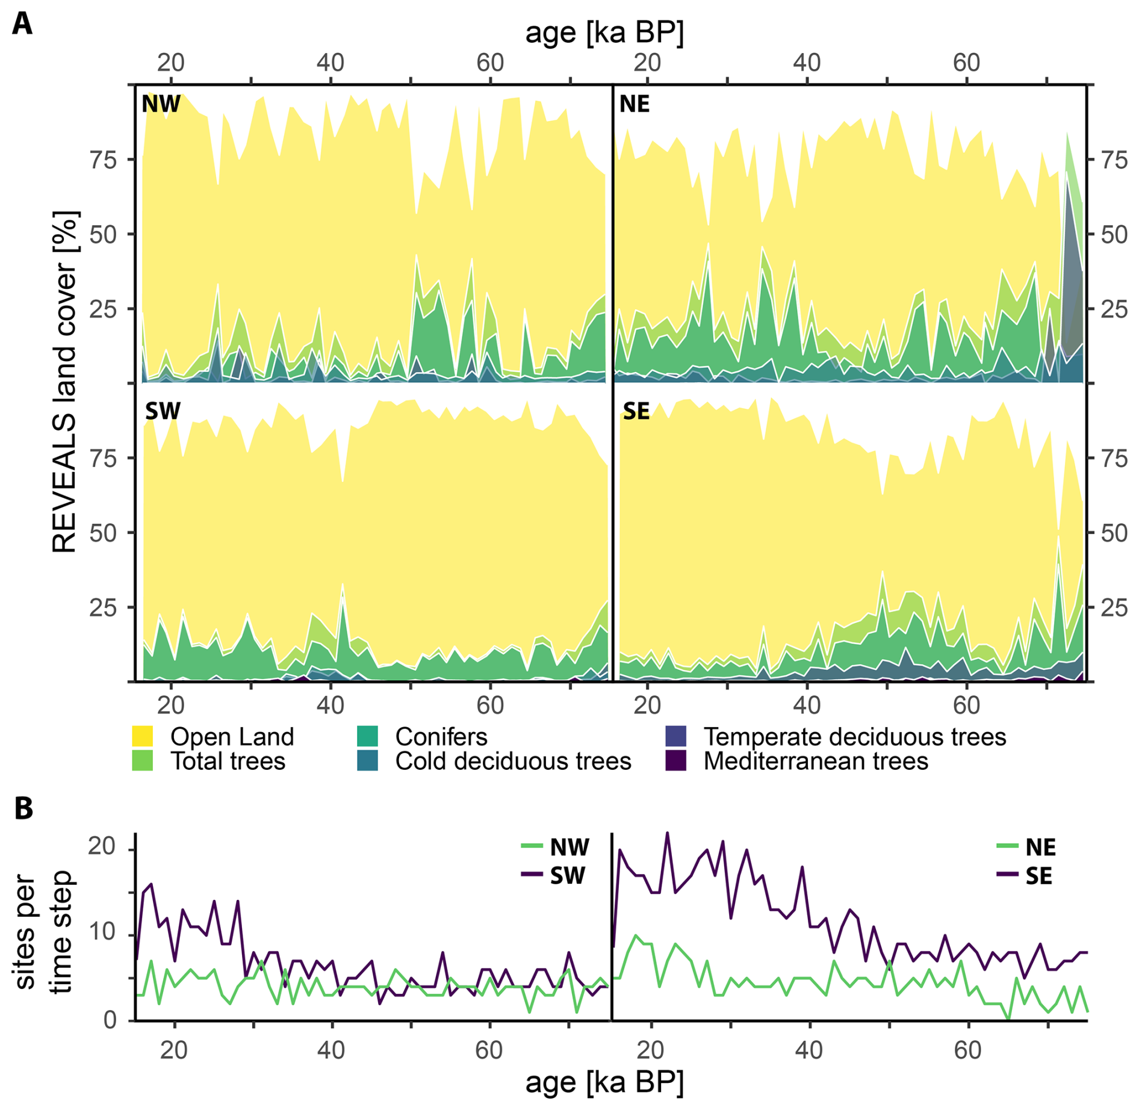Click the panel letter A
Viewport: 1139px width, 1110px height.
(x=22, y=24)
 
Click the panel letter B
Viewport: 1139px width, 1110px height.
(x=23, y=808)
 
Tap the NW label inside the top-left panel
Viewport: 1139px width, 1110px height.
(x=161, y=104)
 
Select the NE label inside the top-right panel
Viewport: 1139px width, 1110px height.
(x=635, y=104)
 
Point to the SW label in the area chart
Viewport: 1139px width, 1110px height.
(x=163, y=411)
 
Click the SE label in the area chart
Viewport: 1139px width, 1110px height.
(x=636, y=411)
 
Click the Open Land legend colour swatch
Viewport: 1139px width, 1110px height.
(x=142, y=736)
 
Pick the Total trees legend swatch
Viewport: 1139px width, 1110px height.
(x=142, y=761)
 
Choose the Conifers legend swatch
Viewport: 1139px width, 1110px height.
(x=367, y=736)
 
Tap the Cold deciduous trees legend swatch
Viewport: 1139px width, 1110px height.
(x=367, y=761)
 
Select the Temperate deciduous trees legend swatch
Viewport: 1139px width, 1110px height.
(x=676, y=736)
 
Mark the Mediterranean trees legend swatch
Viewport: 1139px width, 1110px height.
(x=676, y=761)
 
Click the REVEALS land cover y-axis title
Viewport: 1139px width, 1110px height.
(x=64, y=382)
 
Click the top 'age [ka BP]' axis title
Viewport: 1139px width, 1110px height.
(x=604, y=33)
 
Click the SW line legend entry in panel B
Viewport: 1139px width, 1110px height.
(x=554, y=875)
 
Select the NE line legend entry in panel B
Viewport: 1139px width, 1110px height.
(x=1026, y=848)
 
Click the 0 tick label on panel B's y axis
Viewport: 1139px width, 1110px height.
(x=110, y=1020)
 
